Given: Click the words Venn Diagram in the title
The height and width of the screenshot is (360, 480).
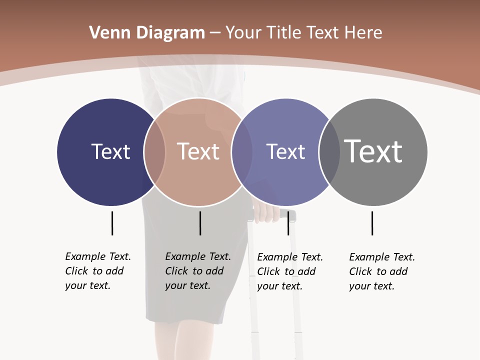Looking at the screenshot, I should (x=147, y=33).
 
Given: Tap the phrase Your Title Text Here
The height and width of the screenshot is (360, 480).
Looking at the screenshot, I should (x=303, y=33).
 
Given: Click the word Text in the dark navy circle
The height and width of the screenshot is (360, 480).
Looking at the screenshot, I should (x=110, y=151).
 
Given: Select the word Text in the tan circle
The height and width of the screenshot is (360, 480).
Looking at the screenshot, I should (x=198, y=151).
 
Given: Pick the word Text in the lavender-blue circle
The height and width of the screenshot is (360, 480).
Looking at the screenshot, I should (x=285, y=151).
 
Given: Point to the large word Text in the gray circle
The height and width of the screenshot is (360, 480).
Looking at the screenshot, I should (x=373, y=151).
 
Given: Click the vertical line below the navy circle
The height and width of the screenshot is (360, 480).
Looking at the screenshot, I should (x=112, y=223).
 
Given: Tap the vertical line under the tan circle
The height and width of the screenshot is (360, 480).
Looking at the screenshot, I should (x=200, y=223).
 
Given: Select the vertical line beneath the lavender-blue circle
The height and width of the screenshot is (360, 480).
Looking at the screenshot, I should (x=288, y=223).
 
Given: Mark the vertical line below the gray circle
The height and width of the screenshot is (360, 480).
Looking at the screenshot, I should (x=372, y=223).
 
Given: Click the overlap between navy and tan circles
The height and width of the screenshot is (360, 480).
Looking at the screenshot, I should (x=155, y=151).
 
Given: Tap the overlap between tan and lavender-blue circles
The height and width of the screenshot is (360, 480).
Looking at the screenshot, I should (x=242, y=151).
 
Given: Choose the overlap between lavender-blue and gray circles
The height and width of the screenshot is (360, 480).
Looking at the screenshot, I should (x=329, y=151).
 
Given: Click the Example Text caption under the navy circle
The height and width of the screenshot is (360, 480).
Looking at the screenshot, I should (x=98, y=271).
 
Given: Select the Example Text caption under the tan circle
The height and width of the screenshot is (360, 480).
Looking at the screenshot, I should (x=198, y=271).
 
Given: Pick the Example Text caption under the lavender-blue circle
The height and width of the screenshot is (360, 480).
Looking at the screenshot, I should (x=290, y=271).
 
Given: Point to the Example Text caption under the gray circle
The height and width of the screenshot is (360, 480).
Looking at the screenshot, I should (x=382, y=271).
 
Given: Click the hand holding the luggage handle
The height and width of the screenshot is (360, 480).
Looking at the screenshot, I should (x=267, y=212).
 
